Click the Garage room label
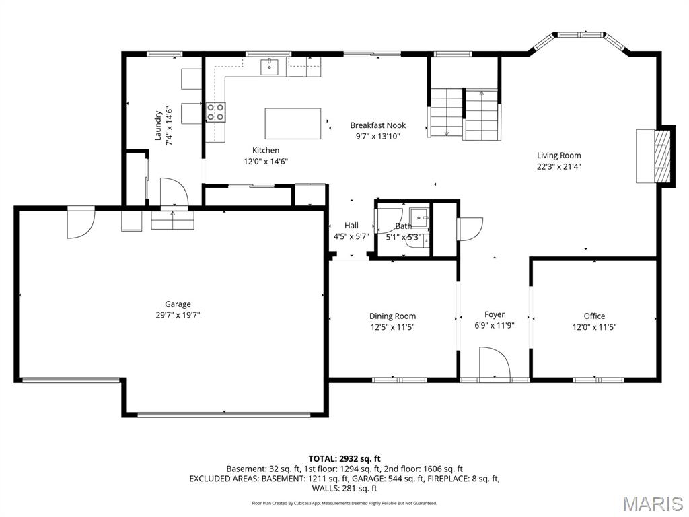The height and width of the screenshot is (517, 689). (178, 304)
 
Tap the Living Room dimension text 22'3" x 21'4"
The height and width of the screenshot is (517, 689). (559, 166)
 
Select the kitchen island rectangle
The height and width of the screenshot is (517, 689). (293, 124)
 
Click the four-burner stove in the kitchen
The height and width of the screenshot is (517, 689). (216, 112)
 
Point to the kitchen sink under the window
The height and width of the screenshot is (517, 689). (269, 67)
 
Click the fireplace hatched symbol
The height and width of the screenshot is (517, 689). (661, 156)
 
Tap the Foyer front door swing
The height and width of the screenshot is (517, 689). (495, 363)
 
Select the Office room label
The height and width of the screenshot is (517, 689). (594, 316)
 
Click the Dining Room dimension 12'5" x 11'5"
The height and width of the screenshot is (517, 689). (392, 327)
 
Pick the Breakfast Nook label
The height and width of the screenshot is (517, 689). (378, 125)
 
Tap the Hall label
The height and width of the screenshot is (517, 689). (351, 225)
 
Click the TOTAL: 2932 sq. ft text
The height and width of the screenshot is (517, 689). (344, 459)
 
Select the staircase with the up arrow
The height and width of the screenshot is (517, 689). (482, 114)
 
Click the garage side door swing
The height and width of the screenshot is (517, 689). (81, 222)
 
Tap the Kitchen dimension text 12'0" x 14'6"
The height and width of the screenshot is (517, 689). (266, 162)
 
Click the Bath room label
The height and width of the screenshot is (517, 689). (404, 226)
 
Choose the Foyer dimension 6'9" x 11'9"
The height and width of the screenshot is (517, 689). (495, 325)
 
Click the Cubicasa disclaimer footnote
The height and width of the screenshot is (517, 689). (344, 503)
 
